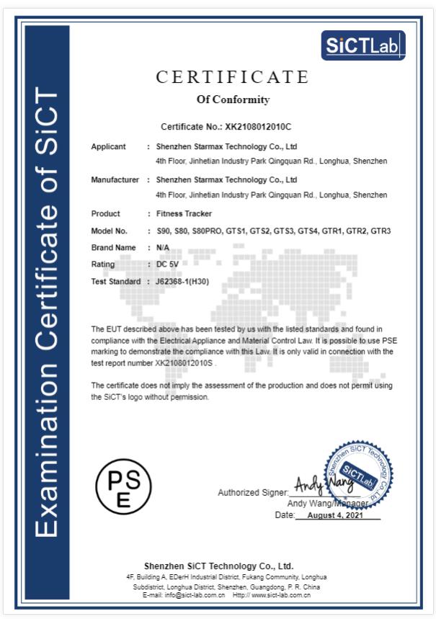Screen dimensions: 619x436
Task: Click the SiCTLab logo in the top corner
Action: (362, 45)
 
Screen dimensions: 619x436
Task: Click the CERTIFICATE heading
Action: (232, 77)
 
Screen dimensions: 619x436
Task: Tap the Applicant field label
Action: (108, 146)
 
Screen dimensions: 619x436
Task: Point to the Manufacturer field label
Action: (115, 179)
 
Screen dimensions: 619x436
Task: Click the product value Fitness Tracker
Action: (184, 214)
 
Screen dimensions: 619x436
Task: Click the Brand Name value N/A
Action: (164, 248)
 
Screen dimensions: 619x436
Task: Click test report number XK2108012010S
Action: (184, 363)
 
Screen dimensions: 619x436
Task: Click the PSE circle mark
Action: (124, 484)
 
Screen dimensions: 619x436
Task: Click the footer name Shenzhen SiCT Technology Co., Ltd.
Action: (218, 566)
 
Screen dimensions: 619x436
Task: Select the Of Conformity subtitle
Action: (233, 99)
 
